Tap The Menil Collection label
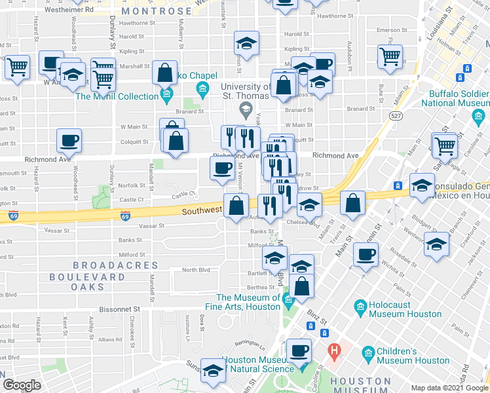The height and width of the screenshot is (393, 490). click(x=117, y=96)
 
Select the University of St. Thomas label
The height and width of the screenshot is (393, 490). click(x=246, y=92)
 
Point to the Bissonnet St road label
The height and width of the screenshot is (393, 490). click(x=120, y=308)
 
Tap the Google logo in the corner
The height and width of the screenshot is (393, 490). click(x=22, y=384)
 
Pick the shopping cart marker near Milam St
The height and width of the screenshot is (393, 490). click(x=390, y=56)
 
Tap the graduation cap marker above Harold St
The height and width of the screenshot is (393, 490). click(x=246, y=45)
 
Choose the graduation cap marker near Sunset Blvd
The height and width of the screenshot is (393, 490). click(x=213, y=371)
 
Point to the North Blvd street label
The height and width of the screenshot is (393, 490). click(x=195, y=270)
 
